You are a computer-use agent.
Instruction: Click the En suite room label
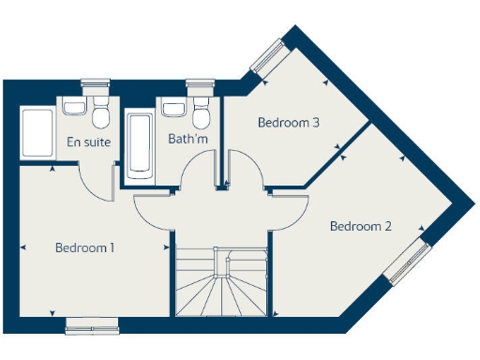pyautogui.click(x=89, y=142)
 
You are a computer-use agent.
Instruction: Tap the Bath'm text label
pyautogui.click(x=188, y=140)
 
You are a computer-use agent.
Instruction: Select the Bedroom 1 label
pyautogui.click(x=84, y=248)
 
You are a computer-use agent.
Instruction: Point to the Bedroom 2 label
pyautogui.click(x=360, y=226)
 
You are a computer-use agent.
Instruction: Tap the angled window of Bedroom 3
pyautogui.click(x=266, y=56)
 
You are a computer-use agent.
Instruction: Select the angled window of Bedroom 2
pyautogui.click(x=407, y=262)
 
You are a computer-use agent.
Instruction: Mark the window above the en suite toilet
pyautogui.click(x=96, y=82)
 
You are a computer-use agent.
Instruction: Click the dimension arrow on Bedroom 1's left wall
pyautogui.click(x=22, y=247)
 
